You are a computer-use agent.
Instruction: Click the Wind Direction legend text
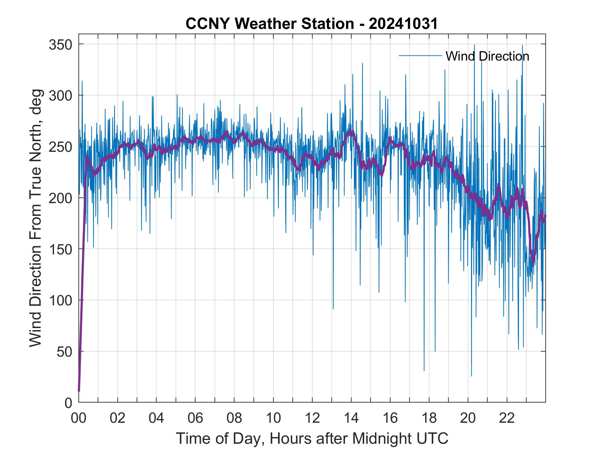[x=487, y=56]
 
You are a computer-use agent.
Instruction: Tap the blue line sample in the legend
[x=420, y=55]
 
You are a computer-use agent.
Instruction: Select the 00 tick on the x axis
[x=79, y=418]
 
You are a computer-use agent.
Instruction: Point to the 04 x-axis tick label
[x=156, y=418]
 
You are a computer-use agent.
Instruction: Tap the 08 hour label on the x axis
[x=234, y=418]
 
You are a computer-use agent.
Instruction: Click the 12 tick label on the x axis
[x=312, y=418]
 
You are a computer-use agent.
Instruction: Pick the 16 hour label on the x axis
[x=390, y=418]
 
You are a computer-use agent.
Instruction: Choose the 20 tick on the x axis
[x=468, y=418]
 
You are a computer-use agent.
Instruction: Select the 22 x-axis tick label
[x=507, y=418]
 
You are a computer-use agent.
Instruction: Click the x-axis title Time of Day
[x=312, y=439]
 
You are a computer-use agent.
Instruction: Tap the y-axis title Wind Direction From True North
[x=35, y=218]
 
